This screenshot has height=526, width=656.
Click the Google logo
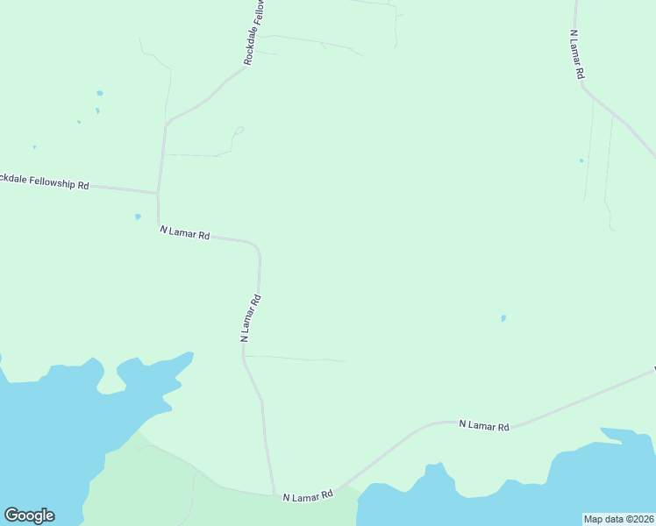29,515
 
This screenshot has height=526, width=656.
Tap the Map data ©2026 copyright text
618,519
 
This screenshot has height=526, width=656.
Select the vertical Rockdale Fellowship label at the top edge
255,32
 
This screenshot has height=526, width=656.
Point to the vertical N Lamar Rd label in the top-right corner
575,55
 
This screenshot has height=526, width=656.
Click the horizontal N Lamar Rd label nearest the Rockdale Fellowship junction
185,234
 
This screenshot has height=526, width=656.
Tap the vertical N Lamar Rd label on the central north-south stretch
251,317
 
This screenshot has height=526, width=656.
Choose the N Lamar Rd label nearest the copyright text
484,426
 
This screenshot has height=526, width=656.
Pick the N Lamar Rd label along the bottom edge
308,496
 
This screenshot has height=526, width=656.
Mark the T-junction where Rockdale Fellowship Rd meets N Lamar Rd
158,193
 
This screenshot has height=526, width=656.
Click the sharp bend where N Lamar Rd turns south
257,246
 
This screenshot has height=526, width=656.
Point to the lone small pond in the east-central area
503,318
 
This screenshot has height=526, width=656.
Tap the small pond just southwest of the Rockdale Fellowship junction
138,217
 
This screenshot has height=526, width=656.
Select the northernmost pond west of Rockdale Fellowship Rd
100,93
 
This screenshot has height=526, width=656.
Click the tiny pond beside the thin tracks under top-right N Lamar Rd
581,160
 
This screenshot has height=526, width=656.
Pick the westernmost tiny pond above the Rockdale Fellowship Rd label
34,146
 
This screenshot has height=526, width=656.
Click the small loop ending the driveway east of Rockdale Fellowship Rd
239,131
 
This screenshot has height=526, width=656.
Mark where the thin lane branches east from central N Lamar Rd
245,356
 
